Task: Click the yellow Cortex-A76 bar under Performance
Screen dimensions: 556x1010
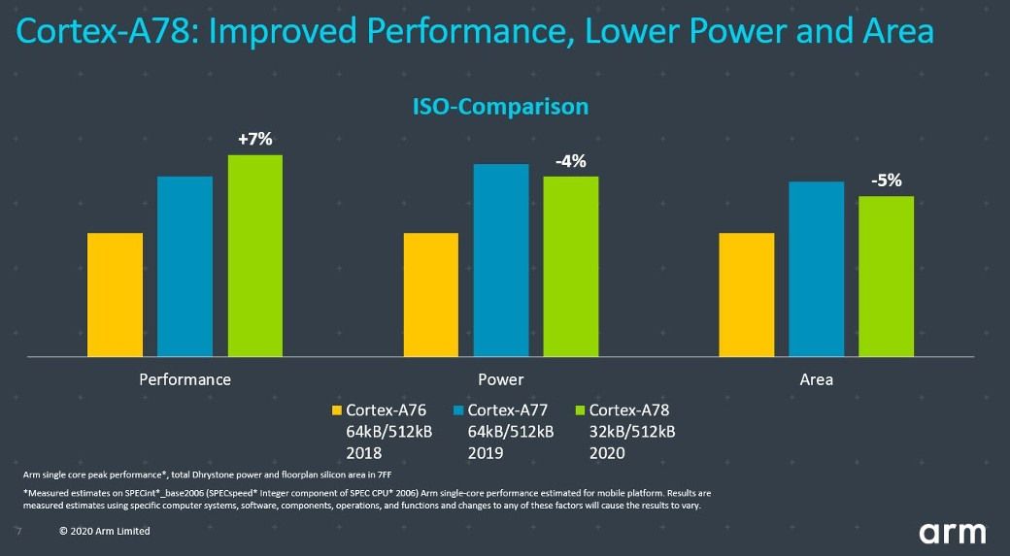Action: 115,295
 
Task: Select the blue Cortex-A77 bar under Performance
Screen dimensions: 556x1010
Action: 185,267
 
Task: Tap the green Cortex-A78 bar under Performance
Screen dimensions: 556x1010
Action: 255,256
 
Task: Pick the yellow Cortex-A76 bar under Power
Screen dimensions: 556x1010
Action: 430,295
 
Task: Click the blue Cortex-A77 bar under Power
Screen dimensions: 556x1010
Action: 501,261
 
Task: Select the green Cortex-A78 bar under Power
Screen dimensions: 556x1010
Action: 571,267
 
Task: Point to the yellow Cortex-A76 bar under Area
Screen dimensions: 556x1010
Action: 746,295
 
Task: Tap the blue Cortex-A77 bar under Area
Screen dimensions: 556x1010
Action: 816,270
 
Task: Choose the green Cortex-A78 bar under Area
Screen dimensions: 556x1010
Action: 887,277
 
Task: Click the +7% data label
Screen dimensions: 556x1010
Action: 255,140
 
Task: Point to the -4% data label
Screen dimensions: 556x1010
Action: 570,161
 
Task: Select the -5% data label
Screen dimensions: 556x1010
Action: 886,180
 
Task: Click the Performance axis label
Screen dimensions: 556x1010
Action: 185,379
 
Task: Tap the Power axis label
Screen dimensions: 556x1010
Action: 501,379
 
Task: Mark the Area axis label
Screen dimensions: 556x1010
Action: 816,379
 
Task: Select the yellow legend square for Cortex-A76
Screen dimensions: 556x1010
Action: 337,410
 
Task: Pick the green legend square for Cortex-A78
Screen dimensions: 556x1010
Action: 581,410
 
